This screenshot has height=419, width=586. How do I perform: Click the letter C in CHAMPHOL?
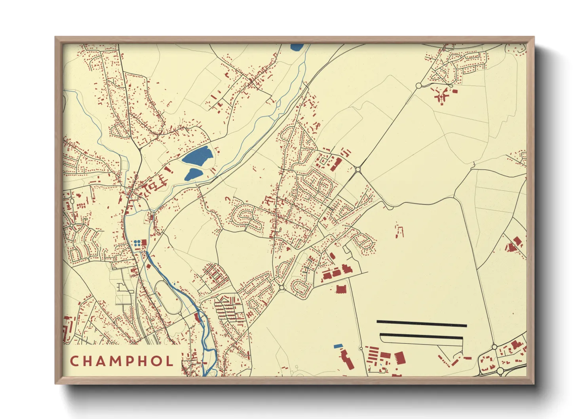[x=74, y=361]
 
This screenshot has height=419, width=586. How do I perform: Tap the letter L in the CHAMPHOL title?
[x=169, y=361]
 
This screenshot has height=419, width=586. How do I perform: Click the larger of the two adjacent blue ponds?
[x=197, y=156]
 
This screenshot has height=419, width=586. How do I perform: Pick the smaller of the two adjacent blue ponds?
[x=192, y=174]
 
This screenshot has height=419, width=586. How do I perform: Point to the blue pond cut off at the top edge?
[x=297, y=47]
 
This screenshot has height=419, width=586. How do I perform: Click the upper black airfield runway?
[x=421, y=324]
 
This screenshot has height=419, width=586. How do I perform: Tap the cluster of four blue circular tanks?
[x=137, y=243]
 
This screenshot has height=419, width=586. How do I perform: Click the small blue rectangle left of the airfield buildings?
[x=338, y=346]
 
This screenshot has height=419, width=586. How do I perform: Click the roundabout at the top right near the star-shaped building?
[x=419, y=85]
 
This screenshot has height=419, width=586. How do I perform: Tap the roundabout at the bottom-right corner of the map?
[x=500, y=371]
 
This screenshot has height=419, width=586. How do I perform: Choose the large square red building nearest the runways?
[x=399, y=357]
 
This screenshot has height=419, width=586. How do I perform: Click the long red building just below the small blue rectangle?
[x=347, y=359]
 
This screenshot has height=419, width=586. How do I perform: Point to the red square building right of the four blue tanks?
[x=144, y=243]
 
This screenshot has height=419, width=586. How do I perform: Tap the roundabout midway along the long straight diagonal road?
[x=358, y=170]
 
